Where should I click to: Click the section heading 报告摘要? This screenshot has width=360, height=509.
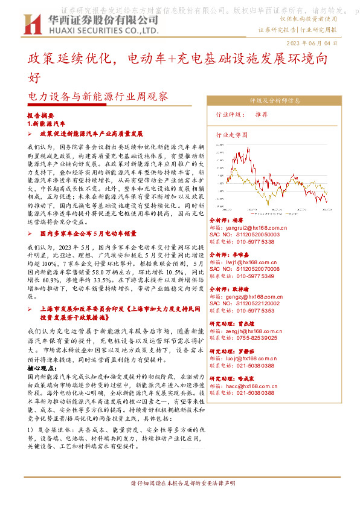click(x=41, y=115)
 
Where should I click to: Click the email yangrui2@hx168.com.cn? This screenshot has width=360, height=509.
click(x=252, y=228)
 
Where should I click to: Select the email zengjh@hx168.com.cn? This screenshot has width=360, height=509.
click(x=251, y=332)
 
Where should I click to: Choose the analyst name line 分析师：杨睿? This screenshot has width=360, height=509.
click(x=225, y=221)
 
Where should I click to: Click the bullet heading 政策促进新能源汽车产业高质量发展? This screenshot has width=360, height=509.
click(x=91, y=133)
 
